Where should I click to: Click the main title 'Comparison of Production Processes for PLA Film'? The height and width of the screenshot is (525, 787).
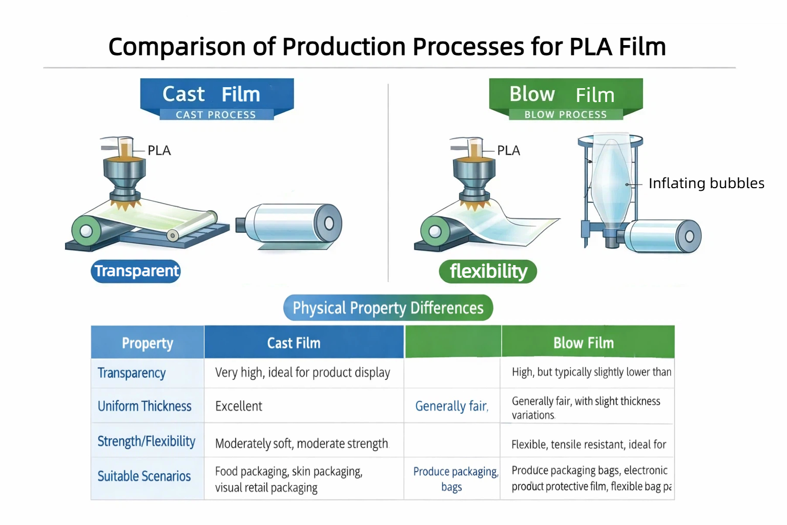pyautogui.click(x=387, y=47)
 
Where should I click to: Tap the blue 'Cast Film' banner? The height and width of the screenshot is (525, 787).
pyautogui.click(x=217, y=95)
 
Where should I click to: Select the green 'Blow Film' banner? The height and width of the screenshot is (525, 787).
pyautogui.click(x=565, y=95)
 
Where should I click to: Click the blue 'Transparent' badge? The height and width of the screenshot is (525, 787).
pyautogui.click(x=136, y=271)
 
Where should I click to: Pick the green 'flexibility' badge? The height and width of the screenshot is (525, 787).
pyautogui.click(x=488, y=271)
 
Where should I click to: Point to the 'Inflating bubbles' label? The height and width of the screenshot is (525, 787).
pyautogui.click(x=706, y=184)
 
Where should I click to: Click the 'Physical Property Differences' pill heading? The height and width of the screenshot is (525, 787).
pyautogui.click(x=388, y=308)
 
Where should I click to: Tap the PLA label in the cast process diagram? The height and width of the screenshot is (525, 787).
pyautogui.click(x=159, y=151)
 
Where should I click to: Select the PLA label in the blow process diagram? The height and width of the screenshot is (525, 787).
pyautogui.click(x=508, y=151)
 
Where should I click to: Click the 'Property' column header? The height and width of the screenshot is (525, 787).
pyautogui.click(x=148, y=343)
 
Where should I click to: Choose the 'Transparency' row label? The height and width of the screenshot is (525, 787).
pyautogui.click(x=132, y=373)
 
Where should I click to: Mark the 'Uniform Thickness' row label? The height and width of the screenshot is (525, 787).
pyautogui.click(x=144, y=406)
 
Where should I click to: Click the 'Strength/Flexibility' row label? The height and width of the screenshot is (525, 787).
pyautogui.click(x=147, y=441)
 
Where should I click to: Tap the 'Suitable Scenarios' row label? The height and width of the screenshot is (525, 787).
pyautogui.click(x=144, y=476)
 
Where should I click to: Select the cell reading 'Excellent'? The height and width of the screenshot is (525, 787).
pyautogui.click(x=239, y=407)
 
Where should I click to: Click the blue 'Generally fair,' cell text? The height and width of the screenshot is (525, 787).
pyautogui.click(x=451, y=407)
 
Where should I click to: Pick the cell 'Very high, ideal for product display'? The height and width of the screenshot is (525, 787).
pyautogui.click(x=302, y=373)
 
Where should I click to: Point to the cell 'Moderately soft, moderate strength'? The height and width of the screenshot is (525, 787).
pyautogui.click(x=302, y=443)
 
